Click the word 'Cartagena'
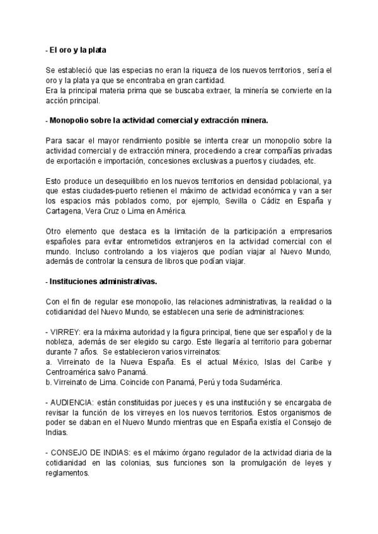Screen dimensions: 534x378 64,212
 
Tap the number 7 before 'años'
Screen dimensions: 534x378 77,352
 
